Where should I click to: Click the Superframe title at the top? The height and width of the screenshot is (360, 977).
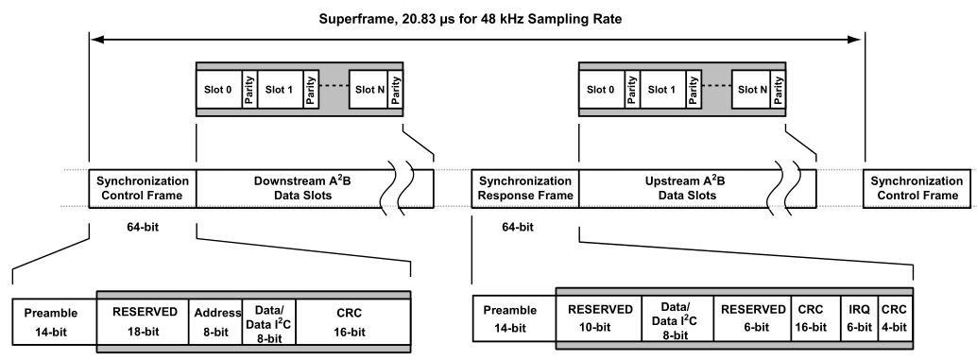coord(470,19)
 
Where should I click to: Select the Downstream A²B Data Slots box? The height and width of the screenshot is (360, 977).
coord(315,188)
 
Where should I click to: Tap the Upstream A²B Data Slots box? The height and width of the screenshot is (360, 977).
coord(697,188)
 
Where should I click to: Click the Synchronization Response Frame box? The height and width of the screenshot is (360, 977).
coord(525,188)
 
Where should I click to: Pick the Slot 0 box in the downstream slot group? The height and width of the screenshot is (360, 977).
coord(218,90)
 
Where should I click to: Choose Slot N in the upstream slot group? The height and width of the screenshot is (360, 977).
coord(753,90)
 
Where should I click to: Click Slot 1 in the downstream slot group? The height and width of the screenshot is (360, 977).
coord(280,90)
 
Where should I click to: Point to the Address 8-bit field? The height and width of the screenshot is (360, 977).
coord(215,321)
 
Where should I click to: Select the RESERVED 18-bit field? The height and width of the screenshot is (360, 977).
coord(144,321)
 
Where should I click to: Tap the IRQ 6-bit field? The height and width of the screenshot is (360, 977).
coord(859,317)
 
